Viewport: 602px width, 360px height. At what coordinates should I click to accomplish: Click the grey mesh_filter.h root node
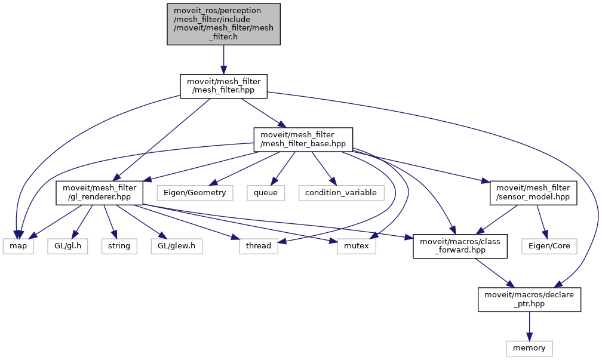[x=223, y=24]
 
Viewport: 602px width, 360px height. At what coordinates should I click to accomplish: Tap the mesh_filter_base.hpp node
[x=303, y=140]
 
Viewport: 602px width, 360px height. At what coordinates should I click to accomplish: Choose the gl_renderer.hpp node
[x=100, y=193]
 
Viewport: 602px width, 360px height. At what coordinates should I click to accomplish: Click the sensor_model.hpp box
[x=533, y=193]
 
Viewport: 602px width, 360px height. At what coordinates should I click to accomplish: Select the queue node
[x=265, y=193]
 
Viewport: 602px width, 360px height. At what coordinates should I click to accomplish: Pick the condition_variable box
[x=340, y=193]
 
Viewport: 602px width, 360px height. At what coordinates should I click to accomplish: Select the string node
[x=119, y=245]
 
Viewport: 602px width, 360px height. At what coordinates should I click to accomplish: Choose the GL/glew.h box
[x=171, y=245]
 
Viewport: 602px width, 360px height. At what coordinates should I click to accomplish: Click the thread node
[x=259, y=245]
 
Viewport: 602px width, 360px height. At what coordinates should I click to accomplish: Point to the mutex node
[x=357, y=245]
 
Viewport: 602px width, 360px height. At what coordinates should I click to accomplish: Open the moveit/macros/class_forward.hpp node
[x=460, y=246]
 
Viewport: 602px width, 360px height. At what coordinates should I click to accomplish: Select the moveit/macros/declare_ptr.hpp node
[x=529, y=299]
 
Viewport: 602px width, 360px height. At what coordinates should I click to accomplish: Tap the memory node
[x=529, y=347]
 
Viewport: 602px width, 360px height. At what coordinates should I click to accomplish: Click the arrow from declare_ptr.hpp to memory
[x=529, y=326]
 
